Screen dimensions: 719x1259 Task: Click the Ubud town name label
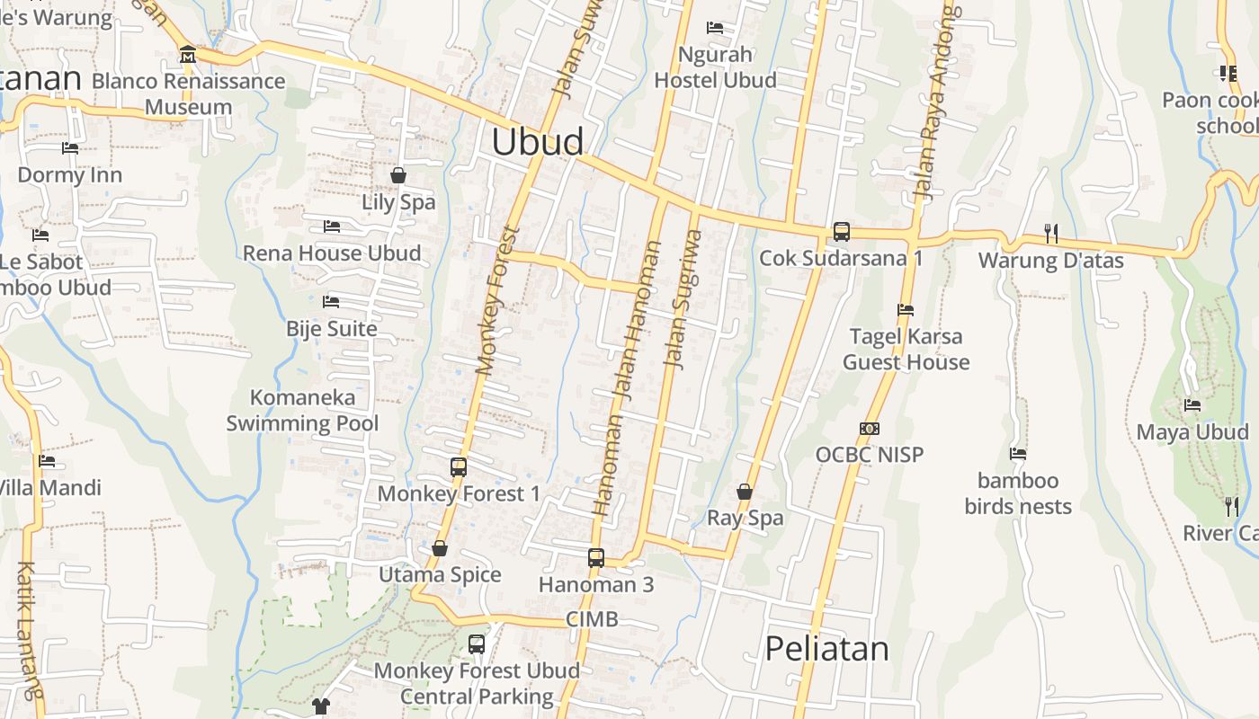click(x=538, y=142)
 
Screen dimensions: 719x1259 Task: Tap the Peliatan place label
click(x=826, y=648)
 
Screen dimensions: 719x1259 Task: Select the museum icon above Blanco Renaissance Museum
click(x=187, y=55)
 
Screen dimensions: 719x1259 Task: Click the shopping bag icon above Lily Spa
click(x=398, y=174)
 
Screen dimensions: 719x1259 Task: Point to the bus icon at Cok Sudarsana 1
click(x=841, y=231)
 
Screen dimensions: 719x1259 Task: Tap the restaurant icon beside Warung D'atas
click(x=1050, y=233)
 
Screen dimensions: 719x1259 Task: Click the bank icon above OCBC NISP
click(x=869, y=429)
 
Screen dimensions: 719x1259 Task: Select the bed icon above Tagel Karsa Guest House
click(x=906, y=310)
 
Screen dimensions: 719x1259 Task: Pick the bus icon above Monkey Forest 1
click(x=458, y=466)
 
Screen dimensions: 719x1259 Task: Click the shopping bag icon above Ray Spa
click(x=745, y=492)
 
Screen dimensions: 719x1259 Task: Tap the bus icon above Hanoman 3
click(x=595, y=557)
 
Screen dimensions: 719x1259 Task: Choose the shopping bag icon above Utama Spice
click(x=440, y=548)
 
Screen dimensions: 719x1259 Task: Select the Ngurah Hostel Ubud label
click(x=715, y=67)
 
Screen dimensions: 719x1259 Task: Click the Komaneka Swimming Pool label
click(x=302, y=410)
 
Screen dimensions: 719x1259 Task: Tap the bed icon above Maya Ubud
click(x=1192, y=405)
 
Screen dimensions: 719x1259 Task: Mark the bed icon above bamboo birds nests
click(x=1018, y=454)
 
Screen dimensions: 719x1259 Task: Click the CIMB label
click(x=592, y=619)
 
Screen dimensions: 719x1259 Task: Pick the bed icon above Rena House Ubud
click(x=331, y=226)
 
